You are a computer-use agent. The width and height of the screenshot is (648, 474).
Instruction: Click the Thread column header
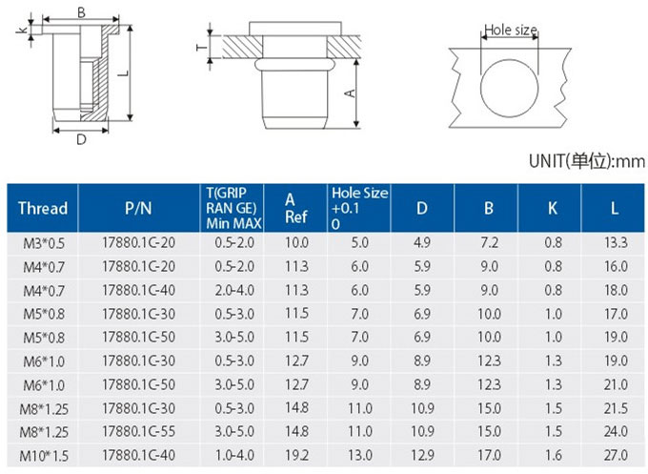tap(43, 208)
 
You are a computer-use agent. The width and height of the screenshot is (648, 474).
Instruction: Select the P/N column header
tap(138, 208)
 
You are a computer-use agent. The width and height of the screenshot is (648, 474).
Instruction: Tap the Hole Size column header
tap(359, 208)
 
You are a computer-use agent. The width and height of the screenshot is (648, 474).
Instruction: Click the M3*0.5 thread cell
tap(44, 243)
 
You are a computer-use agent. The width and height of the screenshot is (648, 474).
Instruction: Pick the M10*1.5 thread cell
tap(44, 456)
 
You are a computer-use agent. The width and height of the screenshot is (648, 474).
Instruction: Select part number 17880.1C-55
tap(139, 432)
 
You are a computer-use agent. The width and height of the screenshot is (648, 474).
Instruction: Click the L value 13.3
tap(616, 242)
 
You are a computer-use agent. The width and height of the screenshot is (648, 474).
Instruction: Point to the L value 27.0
tap(616, 455)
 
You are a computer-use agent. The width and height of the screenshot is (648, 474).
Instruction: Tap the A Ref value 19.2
tap(296, 455)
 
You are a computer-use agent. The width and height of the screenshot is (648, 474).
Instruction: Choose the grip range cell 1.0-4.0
tap(234, 455)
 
